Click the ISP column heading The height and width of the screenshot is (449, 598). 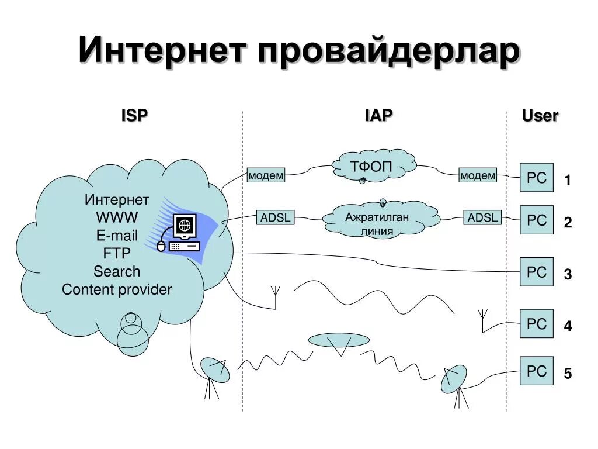click(134, 115)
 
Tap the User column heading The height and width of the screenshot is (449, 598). click(540, 115)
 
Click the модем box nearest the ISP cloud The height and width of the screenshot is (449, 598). click(266, 175)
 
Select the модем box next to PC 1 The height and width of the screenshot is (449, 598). click(478, 175)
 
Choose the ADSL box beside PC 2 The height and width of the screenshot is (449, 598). click(482, 218)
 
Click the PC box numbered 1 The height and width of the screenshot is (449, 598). click(536, 178)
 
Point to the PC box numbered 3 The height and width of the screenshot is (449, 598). click(536, 272)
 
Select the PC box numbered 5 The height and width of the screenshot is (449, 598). click(536, 371)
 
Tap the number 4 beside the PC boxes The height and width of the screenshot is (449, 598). click(568, 326)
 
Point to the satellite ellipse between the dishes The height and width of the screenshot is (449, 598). click(338, 340)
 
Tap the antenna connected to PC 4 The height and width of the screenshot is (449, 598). click(483, 319)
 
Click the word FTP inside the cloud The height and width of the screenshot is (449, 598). click(117, 253)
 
